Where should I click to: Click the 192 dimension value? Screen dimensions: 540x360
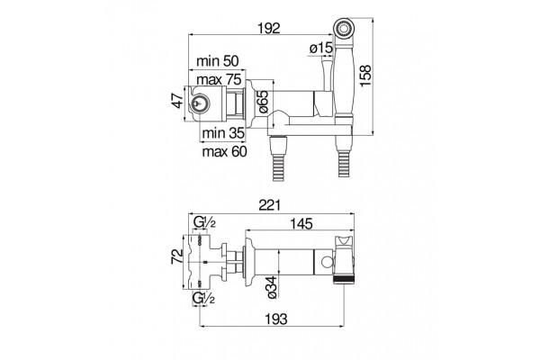(269, 28)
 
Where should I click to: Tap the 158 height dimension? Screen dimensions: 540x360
(365, 76)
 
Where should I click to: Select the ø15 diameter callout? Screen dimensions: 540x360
(321, 48)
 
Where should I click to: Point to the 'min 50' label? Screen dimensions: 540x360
(217, 61)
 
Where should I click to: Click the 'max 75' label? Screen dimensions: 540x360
(219, 79)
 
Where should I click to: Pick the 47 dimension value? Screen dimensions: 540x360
(179, 100)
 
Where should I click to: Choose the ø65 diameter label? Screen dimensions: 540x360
(263, 102)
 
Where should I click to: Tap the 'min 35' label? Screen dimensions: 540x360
(223, 132)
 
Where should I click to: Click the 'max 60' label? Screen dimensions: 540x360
(224, 151)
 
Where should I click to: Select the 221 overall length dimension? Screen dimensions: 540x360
(270, 205)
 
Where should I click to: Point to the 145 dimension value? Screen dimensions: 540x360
(301, 223)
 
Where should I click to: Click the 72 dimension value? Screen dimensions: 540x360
(177, 256)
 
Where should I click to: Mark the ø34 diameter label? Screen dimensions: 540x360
(272, 287)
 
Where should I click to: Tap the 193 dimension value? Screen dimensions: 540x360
(276, 319)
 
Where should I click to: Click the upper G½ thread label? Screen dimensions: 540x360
(204, 222)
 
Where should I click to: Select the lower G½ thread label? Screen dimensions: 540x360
(203, 298)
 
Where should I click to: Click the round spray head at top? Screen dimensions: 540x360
(344, 27)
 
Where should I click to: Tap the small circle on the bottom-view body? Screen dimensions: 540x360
(328, 262)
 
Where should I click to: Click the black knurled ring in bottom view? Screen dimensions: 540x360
(344, 279)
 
